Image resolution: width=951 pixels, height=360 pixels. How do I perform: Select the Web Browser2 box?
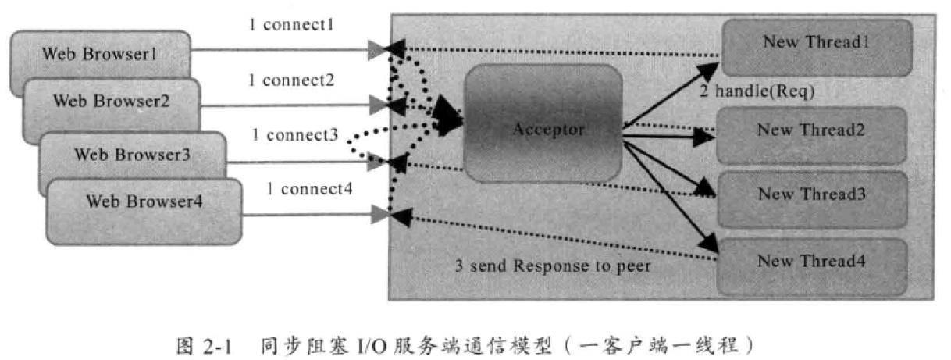[x=110, y=102]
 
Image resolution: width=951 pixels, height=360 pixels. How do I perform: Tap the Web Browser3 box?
[x=132, y=154]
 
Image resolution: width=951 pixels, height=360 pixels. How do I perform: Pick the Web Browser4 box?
[x=144, y=201]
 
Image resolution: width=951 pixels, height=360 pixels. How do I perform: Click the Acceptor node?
[x=547, y=130]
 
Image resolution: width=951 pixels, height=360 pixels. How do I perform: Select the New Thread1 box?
[x=815, y=44]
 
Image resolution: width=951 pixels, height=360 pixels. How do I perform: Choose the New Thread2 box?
[x=810, y=130]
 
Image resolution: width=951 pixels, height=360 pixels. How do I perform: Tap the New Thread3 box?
[x=810, y=194]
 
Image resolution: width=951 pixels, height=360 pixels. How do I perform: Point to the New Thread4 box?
[x=810, y=261]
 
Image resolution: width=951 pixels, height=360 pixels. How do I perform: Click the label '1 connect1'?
[x=291, y=25]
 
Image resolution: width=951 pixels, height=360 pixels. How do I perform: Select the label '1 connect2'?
[x=291, y=80]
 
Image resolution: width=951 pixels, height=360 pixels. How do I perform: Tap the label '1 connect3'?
[x=295, y=135]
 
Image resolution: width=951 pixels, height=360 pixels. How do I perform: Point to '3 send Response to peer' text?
[x=554, y=266]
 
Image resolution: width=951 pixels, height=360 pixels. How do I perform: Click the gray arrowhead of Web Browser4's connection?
[x=379, y=215]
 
